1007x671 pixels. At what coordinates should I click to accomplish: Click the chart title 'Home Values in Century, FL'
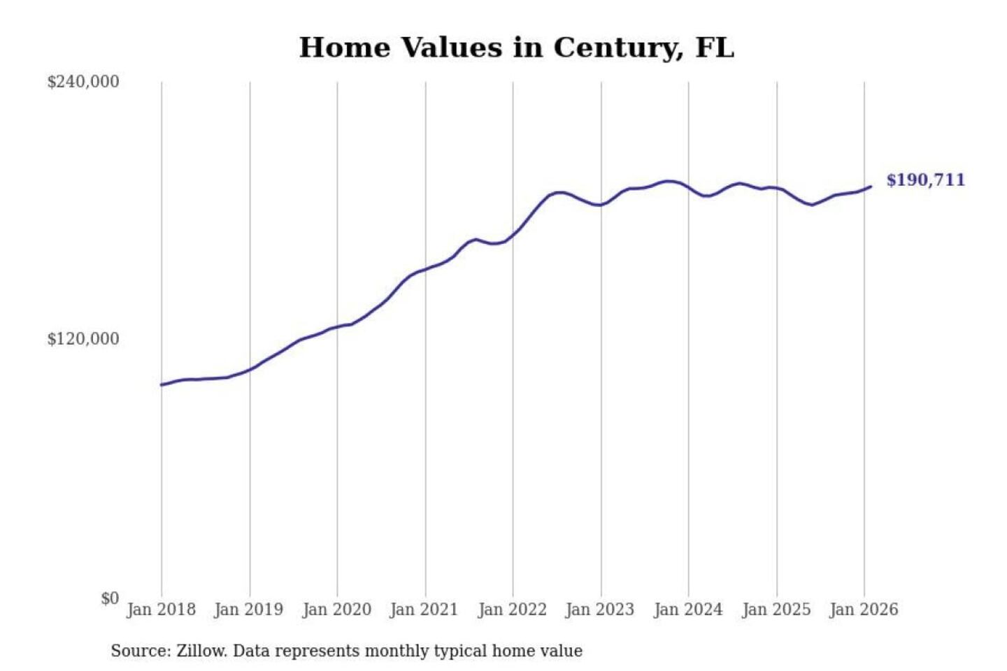tap(516, 48)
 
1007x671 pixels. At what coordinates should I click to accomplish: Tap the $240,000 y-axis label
tap(83, 82)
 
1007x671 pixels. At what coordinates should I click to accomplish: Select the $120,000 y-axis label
tap(83, 339)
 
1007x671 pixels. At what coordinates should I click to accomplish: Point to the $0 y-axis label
tap(110, 598)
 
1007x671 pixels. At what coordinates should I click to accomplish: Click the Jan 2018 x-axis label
tap(161, 609)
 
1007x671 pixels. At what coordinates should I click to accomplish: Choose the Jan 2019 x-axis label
tap(248, 609)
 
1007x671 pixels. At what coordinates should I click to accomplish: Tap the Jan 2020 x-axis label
tap(336, 609)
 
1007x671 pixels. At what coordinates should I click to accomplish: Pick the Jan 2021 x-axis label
tap(424, 609)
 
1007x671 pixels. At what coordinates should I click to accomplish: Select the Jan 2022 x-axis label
tap(512, 609)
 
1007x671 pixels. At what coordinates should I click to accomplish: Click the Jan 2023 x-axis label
tap(599, 609)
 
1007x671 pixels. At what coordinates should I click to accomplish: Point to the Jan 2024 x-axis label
tap(687, 609)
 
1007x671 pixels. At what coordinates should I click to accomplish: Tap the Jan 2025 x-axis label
tap(776, 609)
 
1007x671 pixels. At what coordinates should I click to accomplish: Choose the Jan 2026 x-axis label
tap(863, 609)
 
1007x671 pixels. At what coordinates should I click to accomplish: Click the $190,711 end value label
tap(925, 180)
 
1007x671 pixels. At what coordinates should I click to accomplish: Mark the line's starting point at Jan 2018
tap(162, 385)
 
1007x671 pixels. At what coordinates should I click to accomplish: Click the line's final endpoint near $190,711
tap(871, 187)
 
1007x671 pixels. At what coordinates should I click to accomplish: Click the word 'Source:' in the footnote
tap(141, 651)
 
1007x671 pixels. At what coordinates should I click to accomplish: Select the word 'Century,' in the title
tap(618, 48)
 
